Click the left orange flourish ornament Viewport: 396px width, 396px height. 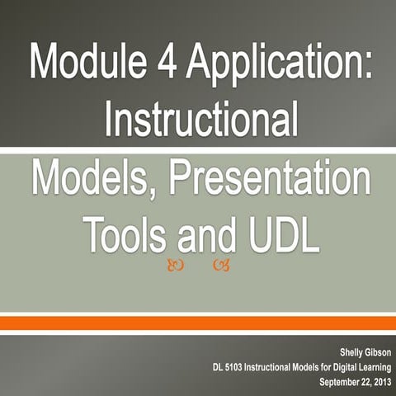click(174, 265)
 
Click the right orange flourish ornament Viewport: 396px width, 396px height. click(220, 265)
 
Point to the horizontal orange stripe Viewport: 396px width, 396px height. click(198, 323)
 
